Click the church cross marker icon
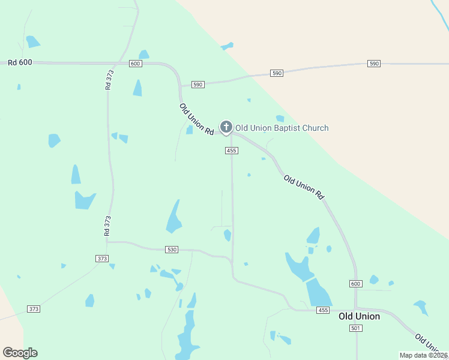coord(226,127)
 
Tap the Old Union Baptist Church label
coord(282,128)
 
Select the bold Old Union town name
coord(359,316)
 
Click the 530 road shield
coord(172,249)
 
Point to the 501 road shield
coord(356,328)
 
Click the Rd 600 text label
coord(20,62)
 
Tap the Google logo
coord(20,353)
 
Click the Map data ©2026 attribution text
coord(423,355)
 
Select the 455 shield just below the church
coord(232,151)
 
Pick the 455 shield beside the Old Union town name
coord(324,310)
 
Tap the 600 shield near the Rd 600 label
coord(135,64)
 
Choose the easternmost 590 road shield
coord(374,64)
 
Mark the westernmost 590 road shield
coord(198,85)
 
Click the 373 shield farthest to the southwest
coord(34,309)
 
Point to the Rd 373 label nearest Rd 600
coord(109,80)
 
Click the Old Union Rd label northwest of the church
coord(197,119)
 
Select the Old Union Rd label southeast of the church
coord(304,187)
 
